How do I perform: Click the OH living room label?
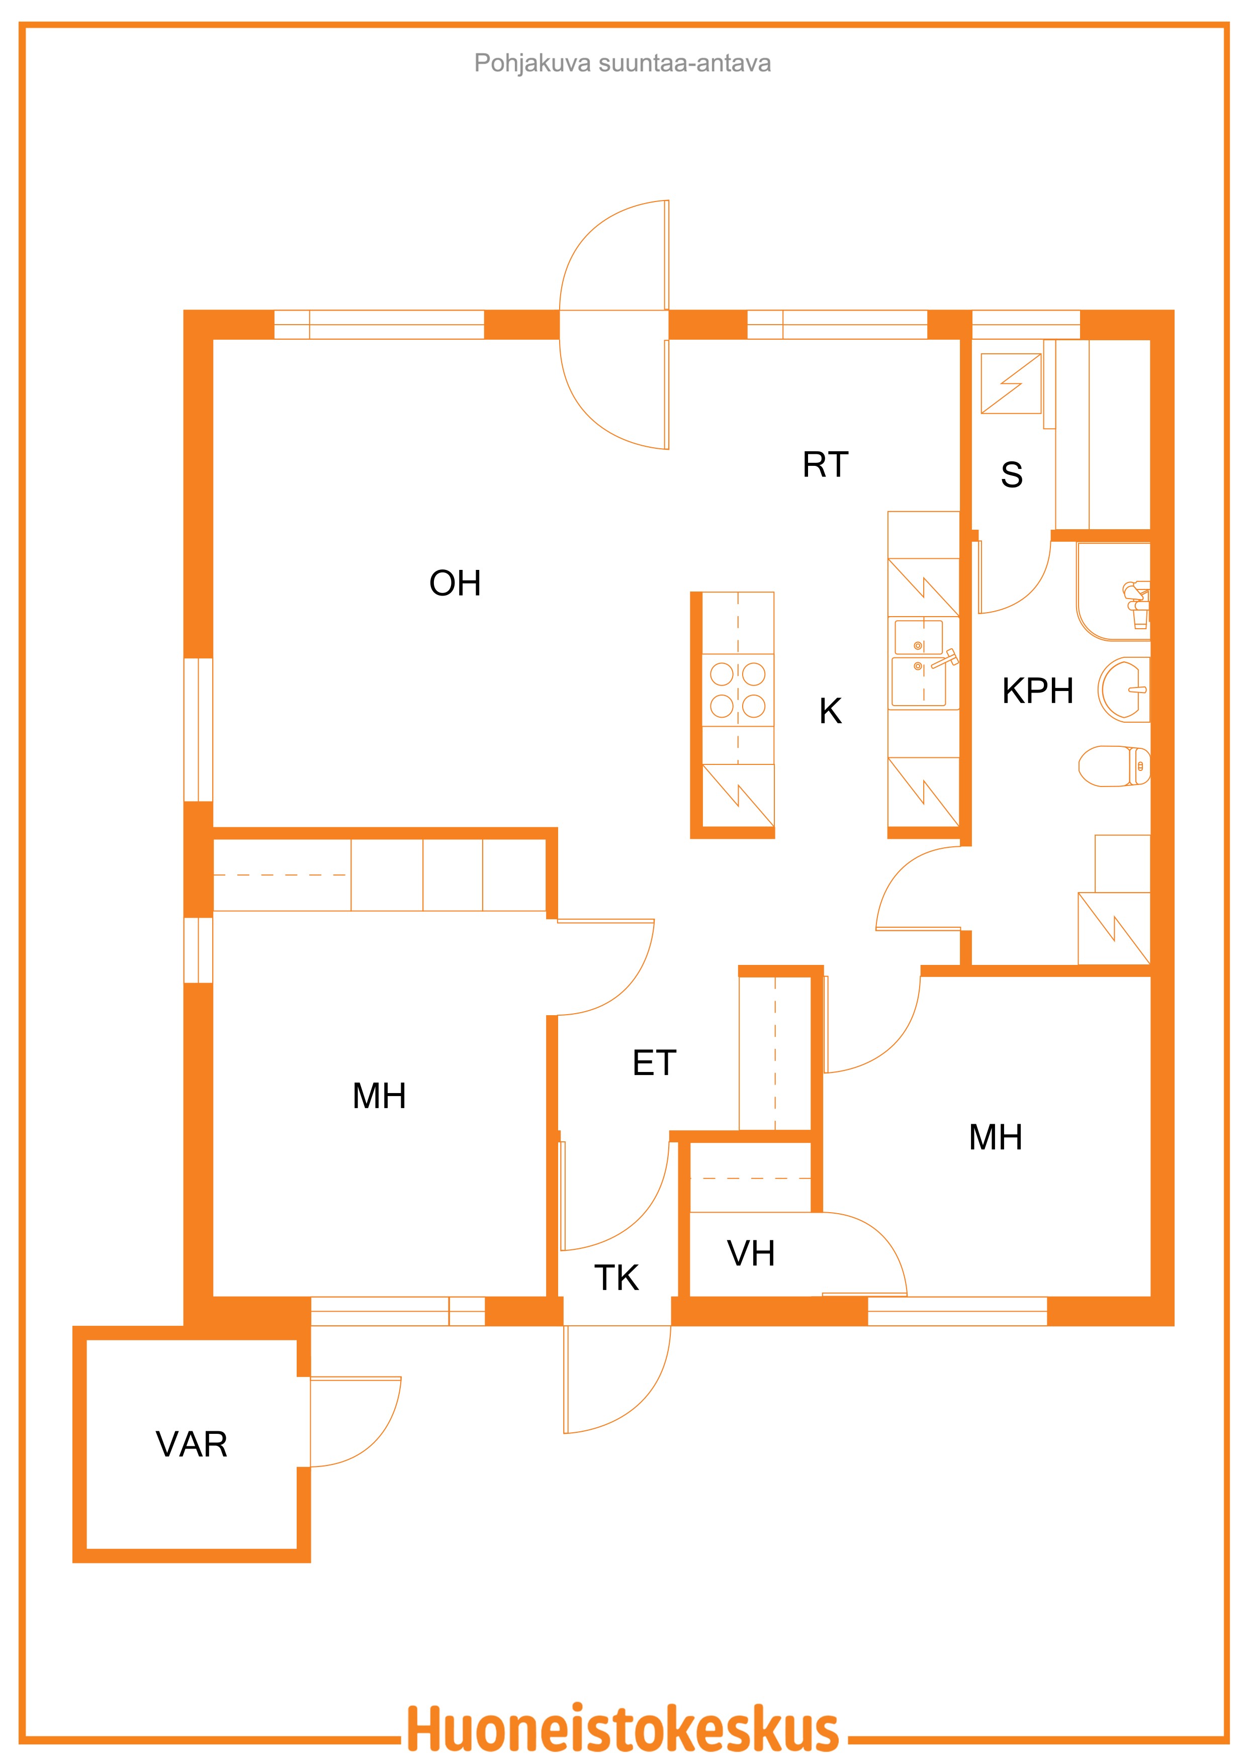(455, 583)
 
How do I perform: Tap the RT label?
(825, 464)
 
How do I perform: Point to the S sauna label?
(1011, 474)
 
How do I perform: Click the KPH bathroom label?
(1037, 691)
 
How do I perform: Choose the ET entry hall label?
(654, 1063)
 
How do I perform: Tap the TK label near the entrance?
(616, 1278)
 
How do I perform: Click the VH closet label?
(751, 1254)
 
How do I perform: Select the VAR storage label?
(191, 1445)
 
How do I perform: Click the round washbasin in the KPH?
(1123, 689)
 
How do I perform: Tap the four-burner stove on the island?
(738, 690)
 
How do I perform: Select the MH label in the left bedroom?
(379, 1097)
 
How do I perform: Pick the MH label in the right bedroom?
(996, 1138)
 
